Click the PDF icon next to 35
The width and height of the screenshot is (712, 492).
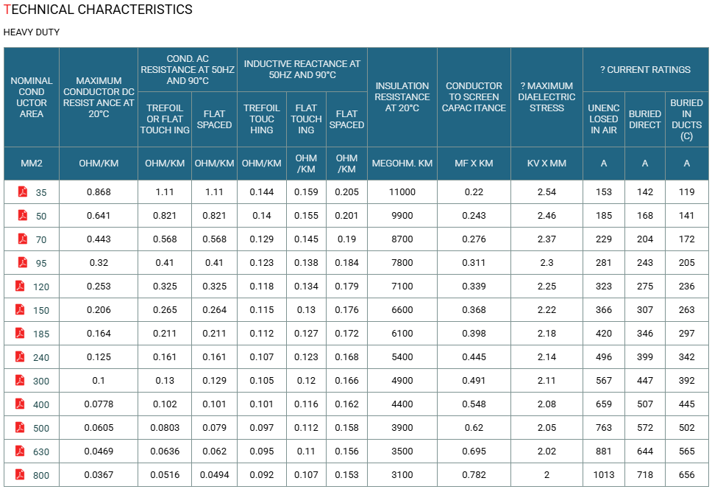(x=23, y=191)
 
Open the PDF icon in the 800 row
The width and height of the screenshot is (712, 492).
(x=20, y=474)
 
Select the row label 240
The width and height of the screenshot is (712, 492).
(x=41, y=357)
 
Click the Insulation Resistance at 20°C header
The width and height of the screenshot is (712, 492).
(x=402, y=97)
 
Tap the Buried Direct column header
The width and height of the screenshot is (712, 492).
(x=645, y=119)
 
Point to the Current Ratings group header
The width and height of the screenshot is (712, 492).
(x=645, y=69)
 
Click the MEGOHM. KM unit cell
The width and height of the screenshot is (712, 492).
(x=402, y=164)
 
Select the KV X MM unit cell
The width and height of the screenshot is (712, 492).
(x=547, y=164)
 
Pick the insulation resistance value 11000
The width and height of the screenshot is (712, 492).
(x=402, y=192)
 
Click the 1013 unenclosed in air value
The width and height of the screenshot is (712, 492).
(x=603, y=475)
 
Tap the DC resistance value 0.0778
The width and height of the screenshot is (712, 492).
(x=99, y=404)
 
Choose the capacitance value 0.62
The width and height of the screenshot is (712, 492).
(x=474, y=427)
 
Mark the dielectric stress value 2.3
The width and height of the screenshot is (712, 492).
(x=547, y=262)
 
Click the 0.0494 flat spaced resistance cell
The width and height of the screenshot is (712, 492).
(x=214, y=475)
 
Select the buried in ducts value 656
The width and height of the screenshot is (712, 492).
(x=686, y=475)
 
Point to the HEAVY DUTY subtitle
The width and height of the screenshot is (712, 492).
(x=32, y=32)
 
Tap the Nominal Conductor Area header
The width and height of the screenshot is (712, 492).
(x=32, y=97)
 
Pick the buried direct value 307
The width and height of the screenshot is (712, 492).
(x=645, y=309)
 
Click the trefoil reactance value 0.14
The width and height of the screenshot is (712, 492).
(x=262, y=216)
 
